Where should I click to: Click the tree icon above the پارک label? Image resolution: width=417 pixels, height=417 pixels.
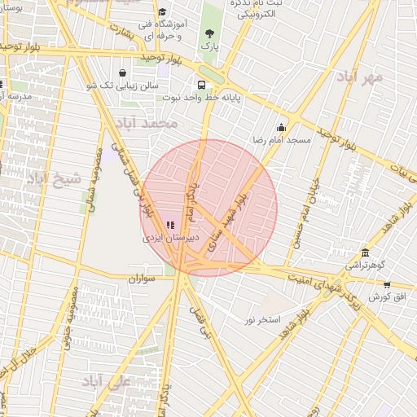[x=210, y=33]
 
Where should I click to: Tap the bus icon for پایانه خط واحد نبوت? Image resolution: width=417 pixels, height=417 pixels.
[x=201, y=84]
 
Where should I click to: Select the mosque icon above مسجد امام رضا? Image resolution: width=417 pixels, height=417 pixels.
[x=282, y=127]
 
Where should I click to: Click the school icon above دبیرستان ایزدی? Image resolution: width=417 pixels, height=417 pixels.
[x=170, y=224]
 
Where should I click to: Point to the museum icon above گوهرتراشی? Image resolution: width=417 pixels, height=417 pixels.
[x=365, y=252]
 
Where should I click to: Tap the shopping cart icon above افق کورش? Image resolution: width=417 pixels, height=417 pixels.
[x=386, y=285]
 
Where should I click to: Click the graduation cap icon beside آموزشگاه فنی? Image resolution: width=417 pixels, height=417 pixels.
[x=161, y=12]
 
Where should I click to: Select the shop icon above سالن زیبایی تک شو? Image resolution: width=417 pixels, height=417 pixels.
[x=122, y=72]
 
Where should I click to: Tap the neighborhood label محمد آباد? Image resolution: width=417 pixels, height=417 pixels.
[x=147, y=124]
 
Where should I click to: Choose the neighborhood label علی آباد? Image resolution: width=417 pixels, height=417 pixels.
[x=108, y=381]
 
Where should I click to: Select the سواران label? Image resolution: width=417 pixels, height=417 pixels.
[x=140, y=279]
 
